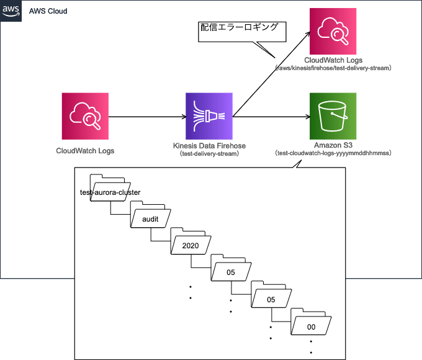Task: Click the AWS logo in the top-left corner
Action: click(11, 11)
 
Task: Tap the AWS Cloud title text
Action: click(48, 12)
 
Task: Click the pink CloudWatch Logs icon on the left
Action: click(86, 116)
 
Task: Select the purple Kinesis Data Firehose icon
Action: click(209, 116)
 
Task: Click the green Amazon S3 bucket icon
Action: click(333, 116)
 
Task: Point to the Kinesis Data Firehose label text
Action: click(209, 146)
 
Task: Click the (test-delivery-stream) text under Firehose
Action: click(209, 153)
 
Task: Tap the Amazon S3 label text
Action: click(333, 145)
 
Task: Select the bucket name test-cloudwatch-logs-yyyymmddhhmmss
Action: click(333, 153)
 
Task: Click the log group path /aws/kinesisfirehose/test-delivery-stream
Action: click(333, 67)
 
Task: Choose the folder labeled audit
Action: click(151, 218)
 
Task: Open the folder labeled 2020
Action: click(191, 245)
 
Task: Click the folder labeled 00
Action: click(312, 326)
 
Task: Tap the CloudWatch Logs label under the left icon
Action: click(85, 150)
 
